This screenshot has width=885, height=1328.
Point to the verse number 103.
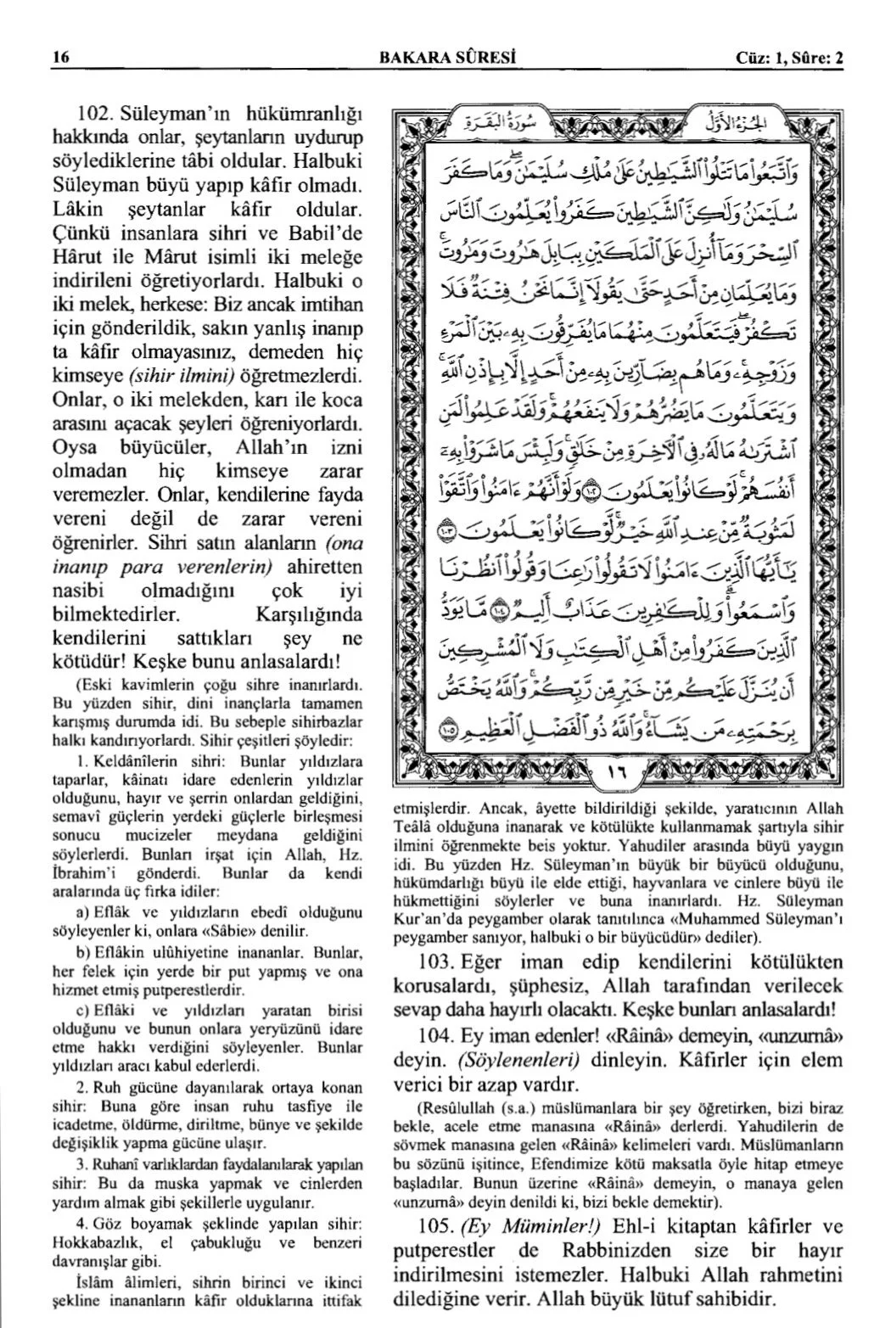pyautogui.click(x=441, y=963)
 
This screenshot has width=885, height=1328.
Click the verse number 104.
pyautogui.click(x=441, y=1036)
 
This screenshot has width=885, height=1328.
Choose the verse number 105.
pyautogui.click(x=441, y=1227)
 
